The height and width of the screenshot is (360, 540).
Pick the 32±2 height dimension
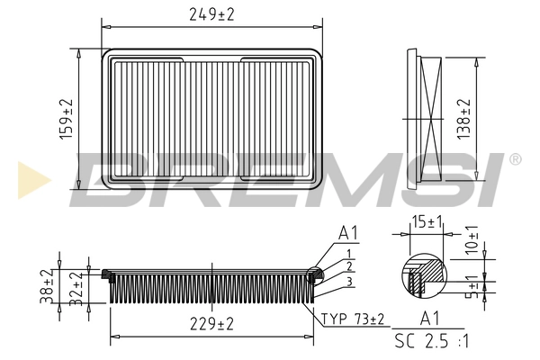click(78, 287)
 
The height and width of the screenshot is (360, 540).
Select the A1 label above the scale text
click(429, 318)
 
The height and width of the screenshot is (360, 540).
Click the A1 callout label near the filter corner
click(348, 233)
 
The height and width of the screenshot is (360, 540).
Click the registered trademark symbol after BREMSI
click(514, 159)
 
